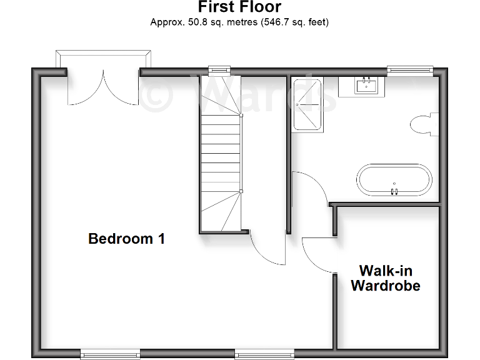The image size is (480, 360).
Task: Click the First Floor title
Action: coord(239,7)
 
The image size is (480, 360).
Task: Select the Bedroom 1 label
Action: coord(126,238)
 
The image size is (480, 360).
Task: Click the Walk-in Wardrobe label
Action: coord(385,278)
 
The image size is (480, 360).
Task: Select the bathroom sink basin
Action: coord(364,85)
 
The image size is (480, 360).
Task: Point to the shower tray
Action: coord(306,104)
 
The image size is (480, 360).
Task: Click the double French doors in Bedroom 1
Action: coord(103,87)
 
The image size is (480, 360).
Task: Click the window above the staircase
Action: coord(219,71)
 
